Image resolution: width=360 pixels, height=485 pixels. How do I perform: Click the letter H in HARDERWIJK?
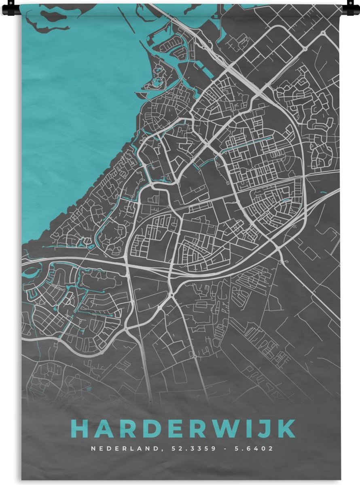click(80, 429)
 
